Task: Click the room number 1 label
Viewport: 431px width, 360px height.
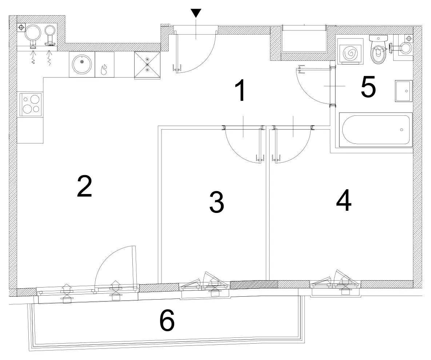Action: (241, 90)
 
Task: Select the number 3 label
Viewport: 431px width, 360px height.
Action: (217, 202)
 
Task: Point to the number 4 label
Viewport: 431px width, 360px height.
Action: (344, 200)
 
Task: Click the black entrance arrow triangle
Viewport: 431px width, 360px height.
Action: (196, 13)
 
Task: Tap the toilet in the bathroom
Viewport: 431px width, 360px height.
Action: (379, 49)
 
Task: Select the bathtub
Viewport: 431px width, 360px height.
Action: (376, 130)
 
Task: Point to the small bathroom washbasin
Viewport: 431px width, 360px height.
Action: (403, 91)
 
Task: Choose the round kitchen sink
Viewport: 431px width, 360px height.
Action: (82, 64)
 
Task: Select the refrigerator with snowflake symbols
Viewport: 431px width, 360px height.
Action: (147, 65)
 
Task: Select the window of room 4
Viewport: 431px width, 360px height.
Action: (335, 288)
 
